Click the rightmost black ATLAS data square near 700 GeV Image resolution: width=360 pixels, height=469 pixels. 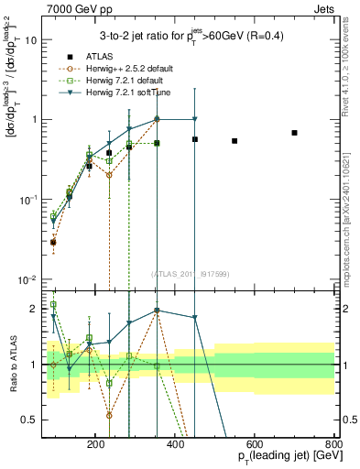[x=294, y=133]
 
